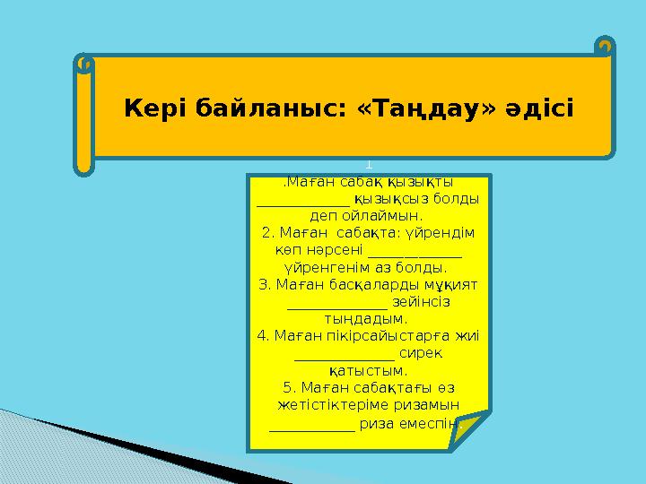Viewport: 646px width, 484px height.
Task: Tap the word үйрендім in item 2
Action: pyautogui.click(x=445, y=233)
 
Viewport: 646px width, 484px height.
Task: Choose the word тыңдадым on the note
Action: pyautogui.click(x=366, y=318)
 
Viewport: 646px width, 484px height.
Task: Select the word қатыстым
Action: pyautogui.click(x=366, y=370)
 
